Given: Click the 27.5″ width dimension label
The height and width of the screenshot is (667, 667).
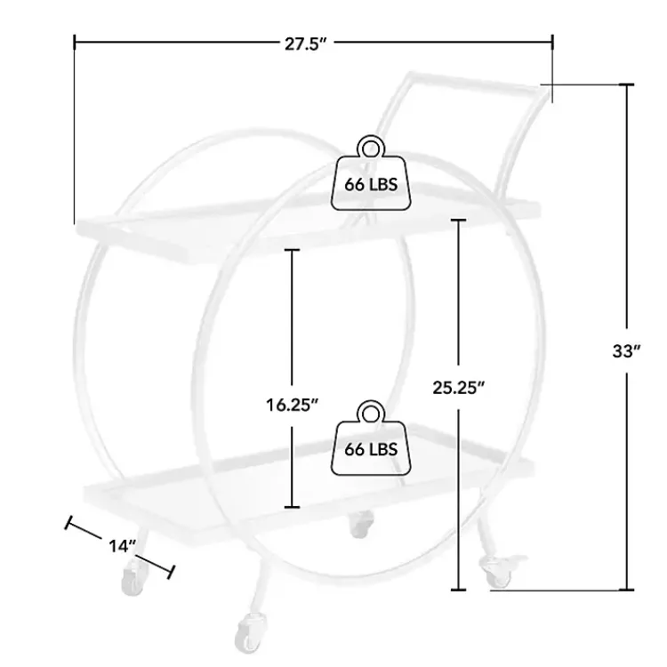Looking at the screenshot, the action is click(305, 44).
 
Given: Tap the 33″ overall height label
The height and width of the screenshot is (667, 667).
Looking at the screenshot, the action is click(626, 351).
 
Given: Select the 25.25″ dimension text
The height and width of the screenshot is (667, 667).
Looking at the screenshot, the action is click(459, 388).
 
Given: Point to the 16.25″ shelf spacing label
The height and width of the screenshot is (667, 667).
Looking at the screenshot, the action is click(293, 405).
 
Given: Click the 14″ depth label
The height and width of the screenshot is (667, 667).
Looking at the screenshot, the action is click(122, 546).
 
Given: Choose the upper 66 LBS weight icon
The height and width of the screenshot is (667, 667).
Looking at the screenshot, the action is click(371, 173).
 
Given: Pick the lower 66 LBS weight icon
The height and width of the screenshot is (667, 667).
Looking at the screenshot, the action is click(371, 438).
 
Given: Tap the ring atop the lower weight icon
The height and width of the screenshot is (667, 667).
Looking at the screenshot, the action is click(371, 413).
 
